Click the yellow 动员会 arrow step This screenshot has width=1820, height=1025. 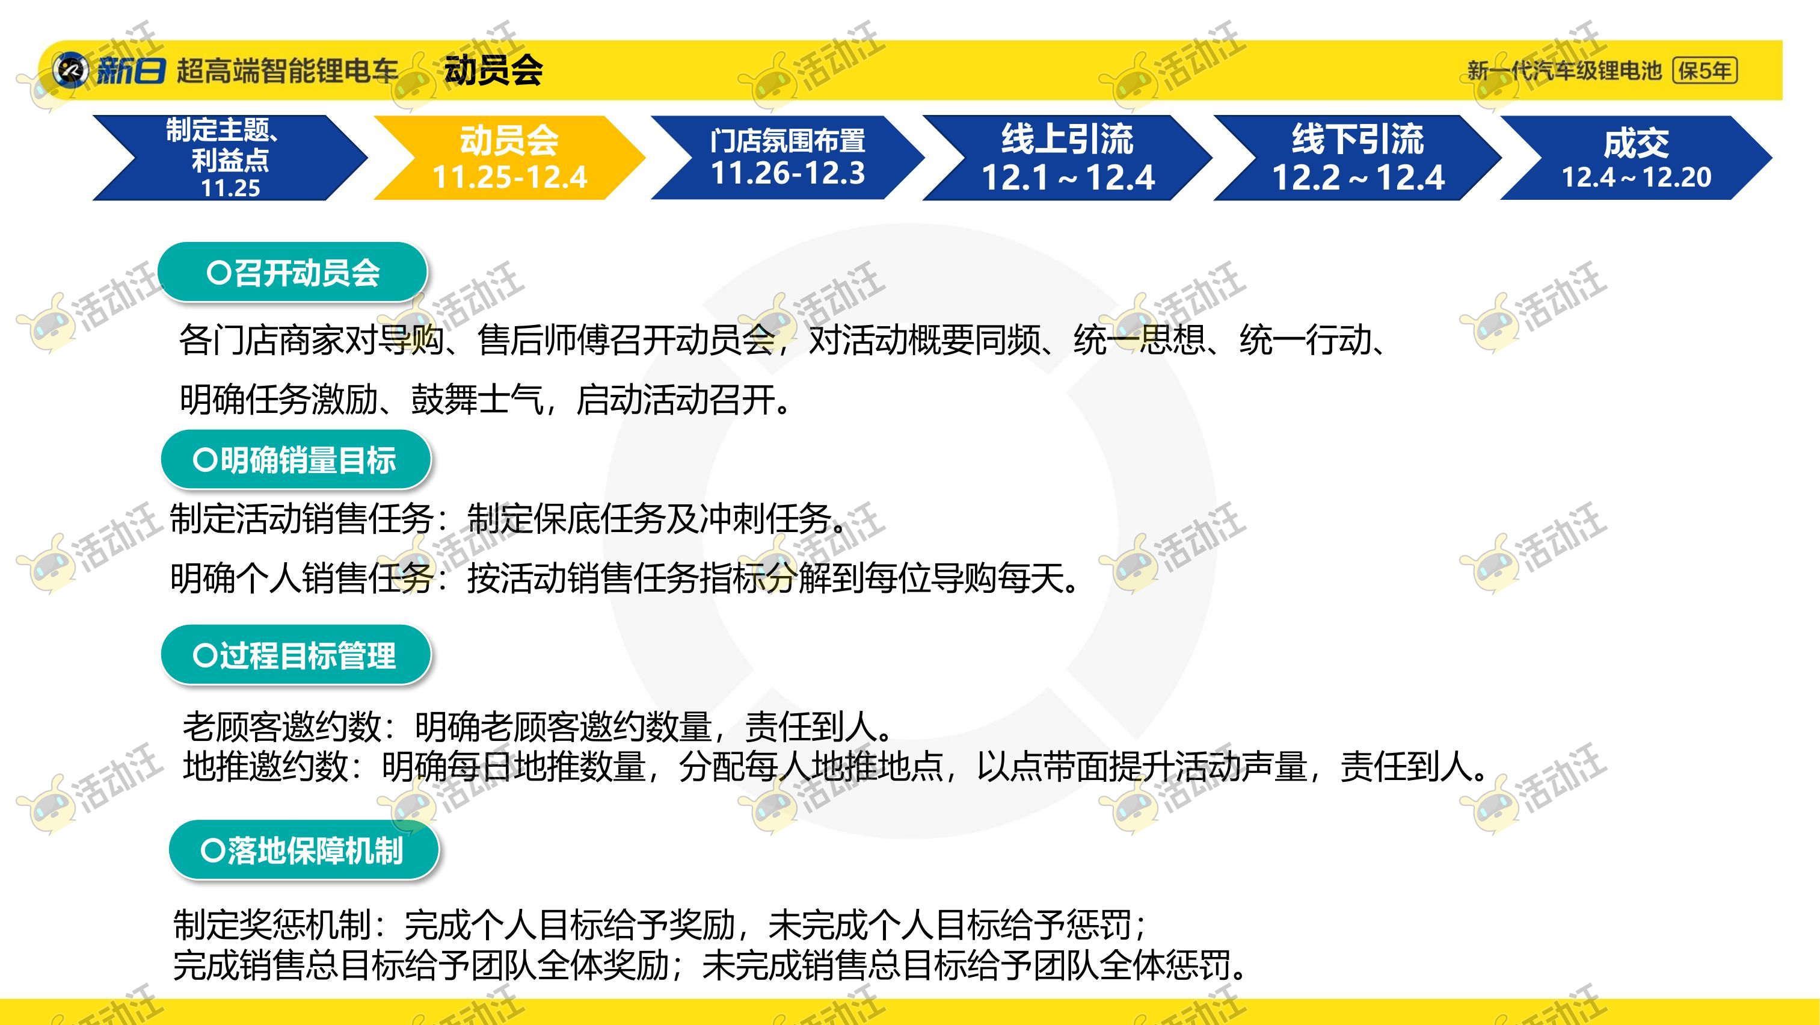[x=509, y=158]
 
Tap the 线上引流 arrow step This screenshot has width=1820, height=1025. [x=1067, y=158]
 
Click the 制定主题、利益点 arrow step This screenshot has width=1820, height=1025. [x=230, y=158]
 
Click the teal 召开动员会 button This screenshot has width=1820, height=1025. [x=292, y=272]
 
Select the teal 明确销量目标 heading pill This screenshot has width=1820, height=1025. [x=296, y=460]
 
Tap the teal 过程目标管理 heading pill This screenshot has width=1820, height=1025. [x=296, y=655]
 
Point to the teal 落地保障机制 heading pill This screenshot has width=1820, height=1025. [x=304, y=850]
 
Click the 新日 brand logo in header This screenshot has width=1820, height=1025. [x=109, y=70]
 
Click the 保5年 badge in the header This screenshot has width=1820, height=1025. [x=1705, y=70]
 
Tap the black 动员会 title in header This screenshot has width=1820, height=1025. [x=493, y=70]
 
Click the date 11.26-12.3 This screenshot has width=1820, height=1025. [x=788, y=173]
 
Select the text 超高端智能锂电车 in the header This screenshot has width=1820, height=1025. [x=287, y=70]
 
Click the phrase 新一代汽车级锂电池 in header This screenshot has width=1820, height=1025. [x=1564, y=70]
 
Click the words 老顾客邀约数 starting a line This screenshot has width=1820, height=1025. [x=282, y=726]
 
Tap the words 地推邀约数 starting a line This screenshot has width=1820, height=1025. [x=266, y=766]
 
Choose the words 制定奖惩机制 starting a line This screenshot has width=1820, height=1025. [x=272, y=924]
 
